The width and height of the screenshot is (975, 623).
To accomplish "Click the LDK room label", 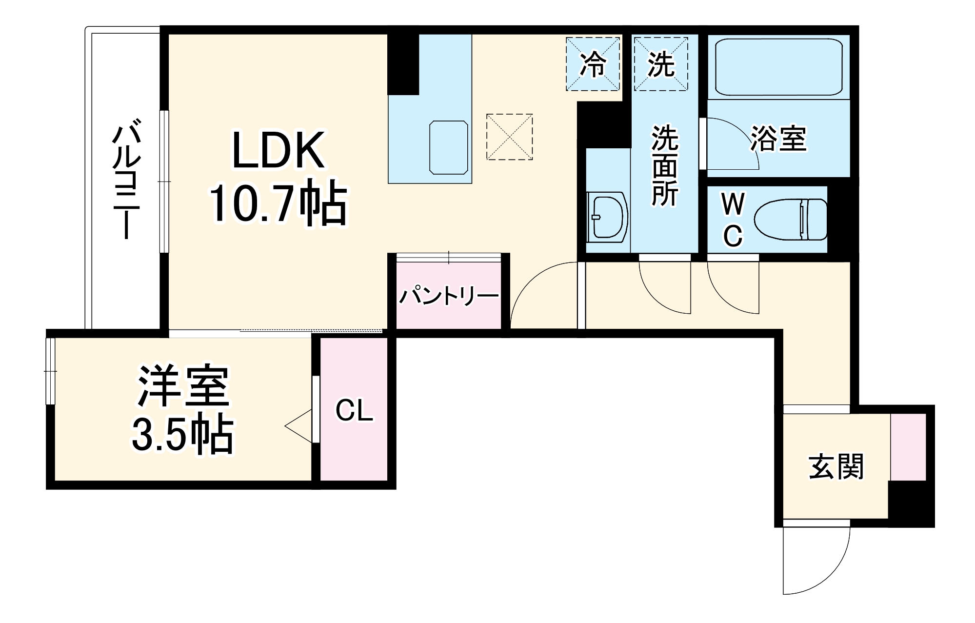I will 279,150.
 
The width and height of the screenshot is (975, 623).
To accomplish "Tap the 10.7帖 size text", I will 279,205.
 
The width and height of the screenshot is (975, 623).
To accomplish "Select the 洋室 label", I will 183,386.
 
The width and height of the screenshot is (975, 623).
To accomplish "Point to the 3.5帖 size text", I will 183,434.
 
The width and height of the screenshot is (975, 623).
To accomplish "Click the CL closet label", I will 354,411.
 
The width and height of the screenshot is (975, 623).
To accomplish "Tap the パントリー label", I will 449,296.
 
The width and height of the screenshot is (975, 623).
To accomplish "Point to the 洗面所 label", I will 665,166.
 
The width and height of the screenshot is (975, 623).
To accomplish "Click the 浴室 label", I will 778,139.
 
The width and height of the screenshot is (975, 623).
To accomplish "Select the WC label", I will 733,220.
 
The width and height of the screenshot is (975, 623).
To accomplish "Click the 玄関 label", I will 836,467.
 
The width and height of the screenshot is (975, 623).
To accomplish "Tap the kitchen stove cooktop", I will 448,147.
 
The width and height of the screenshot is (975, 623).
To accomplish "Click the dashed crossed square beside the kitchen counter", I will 509,137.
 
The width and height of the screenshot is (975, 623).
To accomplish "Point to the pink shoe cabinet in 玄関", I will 908,447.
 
